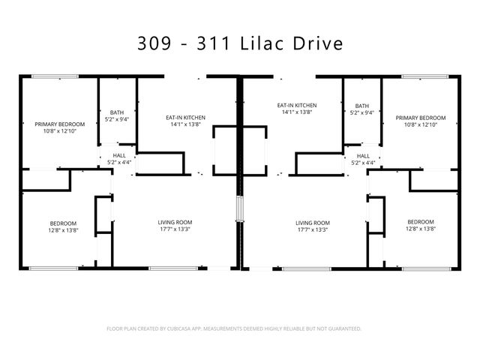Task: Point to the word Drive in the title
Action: tap(321, 43)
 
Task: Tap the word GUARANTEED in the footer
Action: tap(342, 328)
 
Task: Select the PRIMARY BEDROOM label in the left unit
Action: tap(60, 124)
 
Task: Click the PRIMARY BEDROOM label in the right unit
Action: tap(421, 118)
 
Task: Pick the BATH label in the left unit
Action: tap(117, 112)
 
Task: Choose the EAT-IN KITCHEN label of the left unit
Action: tap(185, 118)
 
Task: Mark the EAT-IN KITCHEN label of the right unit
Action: tap(297, 106)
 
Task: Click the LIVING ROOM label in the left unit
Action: tap(175, 223)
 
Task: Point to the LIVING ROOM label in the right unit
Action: tap(313, 223)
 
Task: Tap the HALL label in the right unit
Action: tap(364, 156)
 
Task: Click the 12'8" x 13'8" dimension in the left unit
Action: tap(63, 230)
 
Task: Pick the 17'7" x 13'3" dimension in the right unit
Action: tap(313, 230)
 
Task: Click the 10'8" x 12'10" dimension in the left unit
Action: tap(60, 131)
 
